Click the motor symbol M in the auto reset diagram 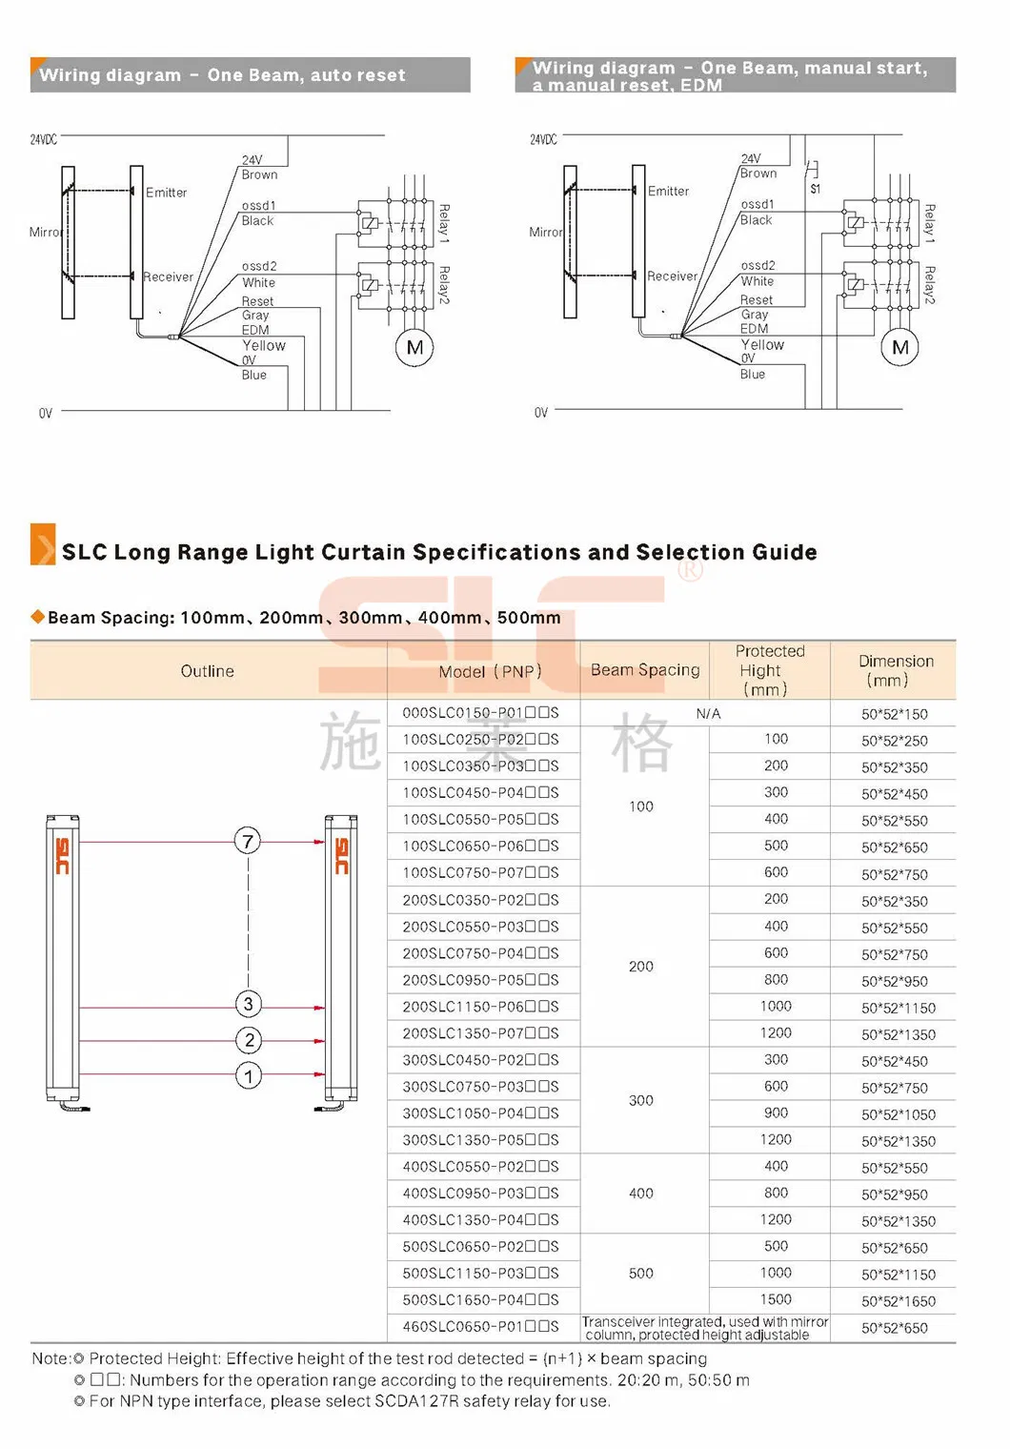pyautogui.click(x=414, y=348)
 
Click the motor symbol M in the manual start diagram pyautogui.click(x=900, y=347)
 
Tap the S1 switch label pyautogui.click(x=816, y=189)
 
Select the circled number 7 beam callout pyautogui.click(x=248, y=841)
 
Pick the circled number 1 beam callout pyautogui.click(x=249, y=1076)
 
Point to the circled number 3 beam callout pyautogui.click(x=249, y=1004)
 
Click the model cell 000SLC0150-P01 pyautogui.click(x=480, y=713)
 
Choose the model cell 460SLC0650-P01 pyautogui.click(x=480, y=1326)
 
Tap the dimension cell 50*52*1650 pyautogui.click(x=899, y=1301)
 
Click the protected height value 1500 pyautogui.click(x=776, y=1299)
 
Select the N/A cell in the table pyautogui.click(x=708, y=713)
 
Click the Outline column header pyautogui.click(x=207, y=671)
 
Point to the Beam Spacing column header pyautogui.click(x=645, y=670)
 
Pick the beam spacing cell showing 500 pyautogui.click(x=641, y=1273)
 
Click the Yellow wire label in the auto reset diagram pyautogui.click(x=264, y=345)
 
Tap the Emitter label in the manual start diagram pyautogui.click(x=669, y=191)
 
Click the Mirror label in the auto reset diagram pyautogui.click(x=47, y=232)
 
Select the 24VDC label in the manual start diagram pyautogui.click(x=543, y=139)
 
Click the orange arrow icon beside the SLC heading pyautogui.click(x=43, y=544)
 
